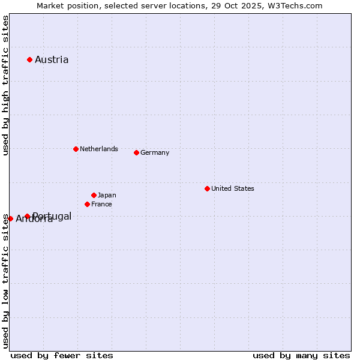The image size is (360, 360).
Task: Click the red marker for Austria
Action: click(29, 59)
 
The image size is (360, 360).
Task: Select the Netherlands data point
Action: click(76, 149)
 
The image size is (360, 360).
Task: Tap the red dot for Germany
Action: click(136, 152)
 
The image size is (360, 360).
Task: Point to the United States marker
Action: click(207, 188)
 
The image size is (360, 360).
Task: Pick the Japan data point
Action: click(94, 195)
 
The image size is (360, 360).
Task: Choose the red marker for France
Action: click(87, 204)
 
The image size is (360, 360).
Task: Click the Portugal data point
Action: click(27, 216)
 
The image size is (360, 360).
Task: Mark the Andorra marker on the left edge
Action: click(10, 218)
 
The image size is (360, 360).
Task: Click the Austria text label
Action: click(52, 59)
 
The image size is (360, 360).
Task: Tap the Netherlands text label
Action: click(99, 149)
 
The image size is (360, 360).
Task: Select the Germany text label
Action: click(155, 152)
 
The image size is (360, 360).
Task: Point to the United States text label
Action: click(233, 188)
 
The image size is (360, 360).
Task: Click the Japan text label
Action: click(107, 195)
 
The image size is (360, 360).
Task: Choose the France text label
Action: click(101, 204)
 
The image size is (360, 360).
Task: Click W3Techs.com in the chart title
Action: click(295, 5)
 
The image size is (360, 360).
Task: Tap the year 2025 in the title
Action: click(251, 5)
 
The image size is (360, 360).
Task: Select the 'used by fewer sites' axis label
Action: click(62, 355)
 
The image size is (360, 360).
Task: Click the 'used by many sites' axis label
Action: click(301, 355)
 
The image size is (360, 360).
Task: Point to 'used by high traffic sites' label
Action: click(5, 85)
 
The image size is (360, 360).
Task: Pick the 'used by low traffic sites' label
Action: click(5, 281)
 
